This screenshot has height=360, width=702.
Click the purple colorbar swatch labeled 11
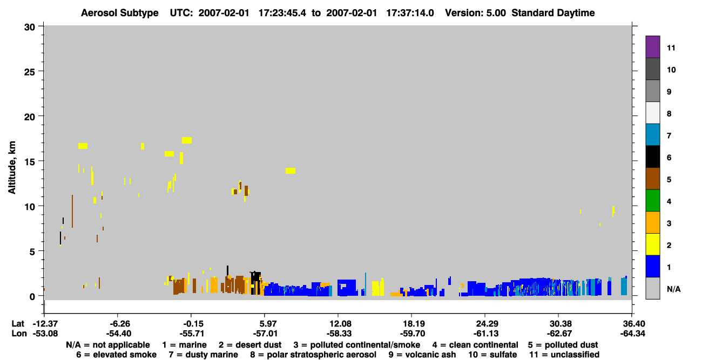(x=652, y=46)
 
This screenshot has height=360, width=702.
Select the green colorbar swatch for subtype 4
(x=652, y=201)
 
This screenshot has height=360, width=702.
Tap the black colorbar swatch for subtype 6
(x=652, y=157)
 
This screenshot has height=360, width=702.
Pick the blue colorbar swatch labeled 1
(x=652, y=266)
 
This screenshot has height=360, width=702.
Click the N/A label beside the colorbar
(x=673, y=289)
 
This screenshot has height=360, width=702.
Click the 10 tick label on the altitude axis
(x=30, y=207)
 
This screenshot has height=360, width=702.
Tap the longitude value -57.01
(x=265, y=334)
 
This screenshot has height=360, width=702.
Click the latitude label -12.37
(x=45, y=323)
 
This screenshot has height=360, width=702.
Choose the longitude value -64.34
(x=632, y=334)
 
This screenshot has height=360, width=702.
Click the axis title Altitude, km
(x=12, y=168)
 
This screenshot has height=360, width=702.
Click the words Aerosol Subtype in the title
(x=120, y=13)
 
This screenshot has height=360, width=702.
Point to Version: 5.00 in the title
(x=475, y=13)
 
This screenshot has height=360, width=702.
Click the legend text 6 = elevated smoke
(x=116, y=355)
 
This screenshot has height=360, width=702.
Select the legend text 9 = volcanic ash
(x=422, y=355)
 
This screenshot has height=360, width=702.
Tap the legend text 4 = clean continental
(x=475, y=345)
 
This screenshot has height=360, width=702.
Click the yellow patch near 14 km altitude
(x=291, y=171)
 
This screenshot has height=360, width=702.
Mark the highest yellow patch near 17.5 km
(x=187, y=140)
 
